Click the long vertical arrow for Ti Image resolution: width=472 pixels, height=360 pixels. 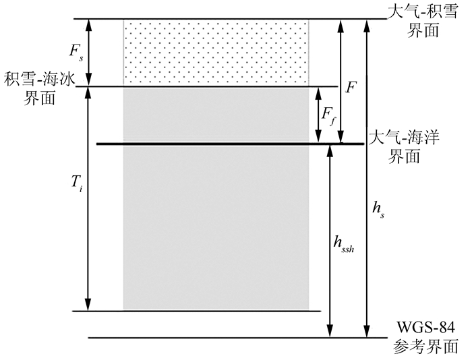86,198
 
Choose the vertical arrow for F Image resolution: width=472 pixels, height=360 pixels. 341,81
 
